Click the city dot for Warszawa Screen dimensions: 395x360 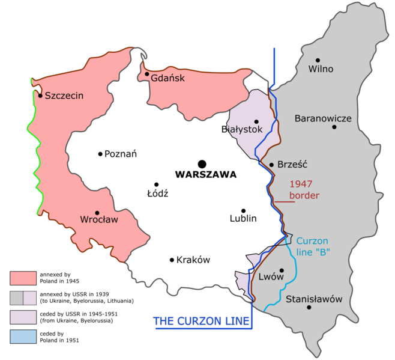(202, 163)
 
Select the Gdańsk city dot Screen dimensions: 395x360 (146, 75)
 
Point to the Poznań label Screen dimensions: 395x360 (121, 154)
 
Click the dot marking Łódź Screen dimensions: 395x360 (156, 185)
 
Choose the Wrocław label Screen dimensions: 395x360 (99, 220)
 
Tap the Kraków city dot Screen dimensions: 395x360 (172, 260)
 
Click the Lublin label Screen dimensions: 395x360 (243, 218)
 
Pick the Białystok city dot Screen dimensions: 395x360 (256, 121)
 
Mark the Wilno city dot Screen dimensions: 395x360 (318, 60)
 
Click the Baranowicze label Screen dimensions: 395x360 (323, 118)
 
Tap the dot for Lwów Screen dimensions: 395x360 (281, 270)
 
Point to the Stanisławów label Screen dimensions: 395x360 (314, 299)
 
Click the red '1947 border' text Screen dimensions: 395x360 (304, 190)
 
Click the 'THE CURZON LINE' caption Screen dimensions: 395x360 (201, 322)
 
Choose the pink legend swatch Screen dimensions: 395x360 (23, 278)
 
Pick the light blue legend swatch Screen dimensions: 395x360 (23, 337)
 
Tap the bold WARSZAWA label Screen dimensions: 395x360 (206, 175)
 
